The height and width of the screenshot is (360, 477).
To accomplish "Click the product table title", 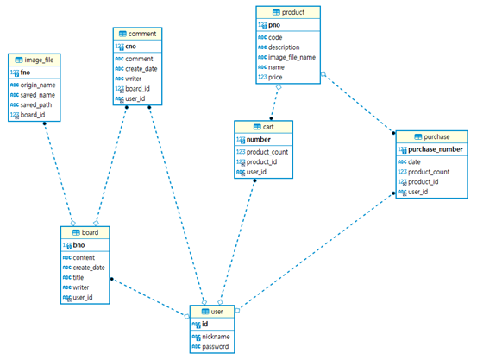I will (x=292, y=12).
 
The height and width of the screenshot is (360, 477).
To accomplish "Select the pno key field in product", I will (x=275, y=26).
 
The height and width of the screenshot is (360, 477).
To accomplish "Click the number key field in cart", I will (x=259, y=139).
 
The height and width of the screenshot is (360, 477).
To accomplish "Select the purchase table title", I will (x=437, y=136).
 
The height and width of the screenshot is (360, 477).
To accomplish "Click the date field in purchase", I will (x=414, y=161).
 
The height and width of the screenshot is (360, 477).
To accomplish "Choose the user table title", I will (x=217, y=311).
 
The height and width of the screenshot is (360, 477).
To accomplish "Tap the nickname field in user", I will (x=217, y=337).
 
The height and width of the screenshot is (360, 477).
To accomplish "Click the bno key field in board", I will (x=79, y=246).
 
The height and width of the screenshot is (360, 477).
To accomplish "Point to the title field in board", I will (x=78, y=277).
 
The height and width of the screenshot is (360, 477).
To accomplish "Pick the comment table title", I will (x=142, y=33).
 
